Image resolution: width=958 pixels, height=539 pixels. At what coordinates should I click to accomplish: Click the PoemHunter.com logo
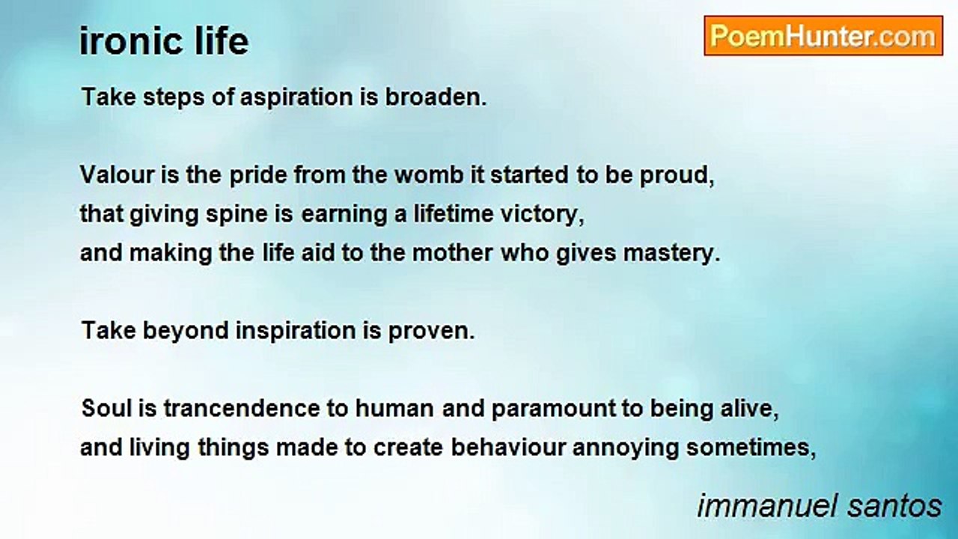[823, 36]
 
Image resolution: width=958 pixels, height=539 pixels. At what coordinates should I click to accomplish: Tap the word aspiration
[296, 98]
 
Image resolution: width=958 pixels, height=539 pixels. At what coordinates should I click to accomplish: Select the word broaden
[436, 97]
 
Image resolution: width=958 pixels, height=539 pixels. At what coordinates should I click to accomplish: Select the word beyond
[186, 332]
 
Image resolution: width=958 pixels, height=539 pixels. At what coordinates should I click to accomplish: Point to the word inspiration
[296, 332]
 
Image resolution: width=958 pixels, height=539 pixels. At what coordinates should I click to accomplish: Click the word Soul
[106, 408]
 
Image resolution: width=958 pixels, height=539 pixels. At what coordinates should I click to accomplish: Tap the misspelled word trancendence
[242, 408]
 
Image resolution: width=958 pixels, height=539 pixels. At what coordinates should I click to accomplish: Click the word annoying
[626, 448]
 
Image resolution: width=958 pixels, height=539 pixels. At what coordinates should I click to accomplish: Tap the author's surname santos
[894, 507]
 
